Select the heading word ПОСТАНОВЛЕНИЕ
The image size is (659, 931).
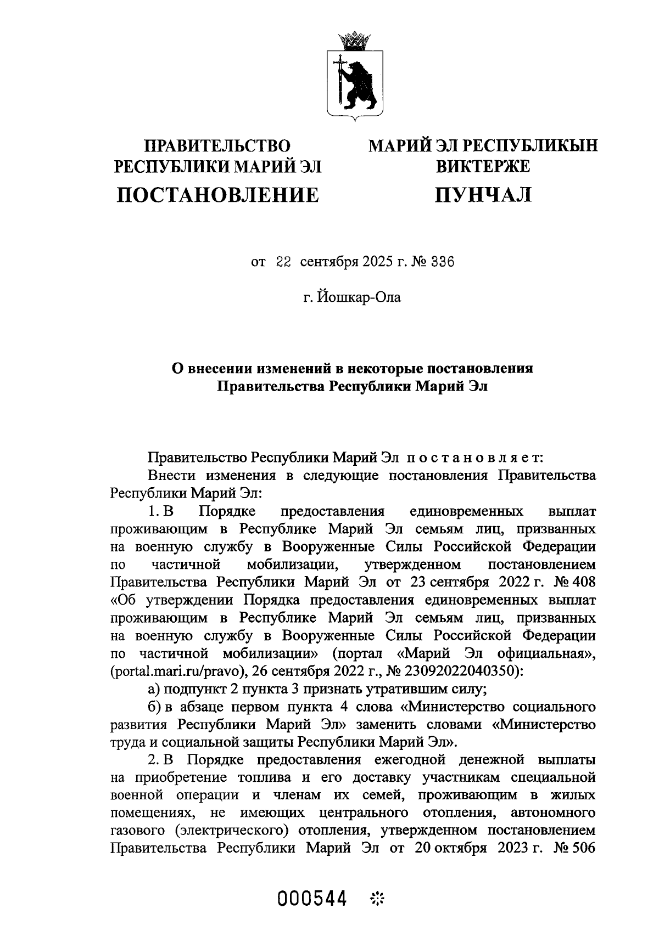pyautogui.click(x=217, y=194)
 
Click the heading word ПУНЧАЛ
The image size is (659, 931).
pyautogui.click(x=483, y=194)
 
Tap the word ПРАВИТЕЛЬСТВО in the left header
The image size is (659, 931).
pyautogui.click(x=217, y=145)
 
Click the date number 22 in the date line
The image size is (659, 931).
pyautogui.click(x=283, y=262)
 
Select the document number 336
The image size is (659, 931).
pyautogui.click(x=443, y=262)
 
